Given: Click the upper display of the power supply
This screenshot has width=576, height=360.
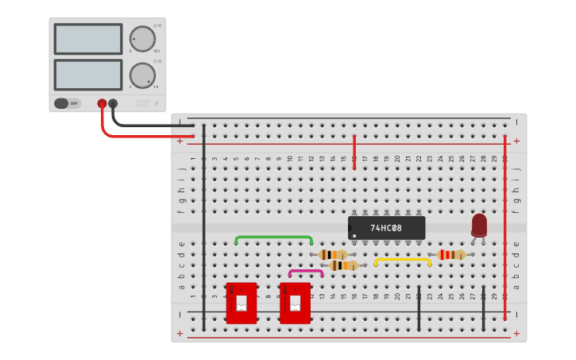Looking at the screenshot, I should [88, 39].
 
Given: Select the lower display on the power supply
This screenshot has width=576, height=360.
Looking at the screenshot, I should [88, 75].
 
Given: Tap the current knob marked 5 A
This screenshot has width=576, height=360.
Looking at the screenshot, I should [142, 75].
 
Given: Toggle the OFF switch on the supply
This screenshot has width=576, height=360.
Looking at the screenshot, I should [68, 103].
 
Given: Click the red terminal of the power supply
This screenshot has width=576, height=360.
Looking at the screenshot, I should [102, 103].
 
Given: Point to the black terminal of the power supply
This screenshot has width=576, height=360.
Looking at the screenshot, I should [113, 103].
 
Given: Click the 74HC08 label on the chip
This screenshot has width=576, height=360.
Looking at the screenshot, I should [386, 228].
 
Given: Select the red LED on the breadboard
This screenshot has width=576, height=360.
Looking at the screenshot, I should [479, 225].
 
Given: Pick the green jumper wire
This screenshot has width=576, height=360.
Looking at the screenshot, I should [273, 237].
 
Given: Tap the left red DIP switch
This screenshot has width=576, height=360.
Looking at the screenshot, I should [242, 303].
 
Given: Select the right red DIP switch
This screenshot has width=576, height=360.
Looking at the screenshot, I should [295, 303].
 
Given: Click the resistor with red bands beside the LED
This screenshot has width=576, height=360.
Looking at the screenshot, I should [450, 254].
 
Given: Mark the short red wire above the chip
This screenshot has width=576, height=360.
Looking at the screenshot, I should [354, 151].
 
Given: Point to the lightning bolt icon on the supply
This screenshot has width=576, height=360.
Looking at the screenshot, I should [156, 103].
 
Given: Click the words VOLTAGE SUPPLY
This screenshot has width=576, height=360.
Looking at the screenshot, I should [142, 103].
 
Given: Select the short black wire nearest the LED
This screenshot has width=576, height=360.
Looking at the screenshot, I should [483, 308].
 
